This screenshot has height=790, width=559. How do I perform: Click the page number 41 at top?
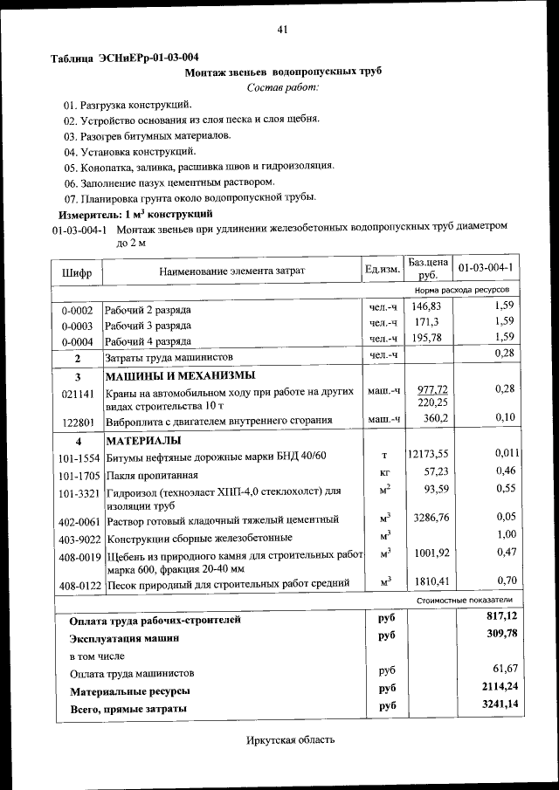[x=282, y=30]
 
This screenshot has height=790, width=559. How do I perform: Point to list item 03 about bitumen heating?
[x=148, y=135]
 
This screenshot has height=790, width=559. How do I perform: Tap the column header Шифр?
[x=77, y=271]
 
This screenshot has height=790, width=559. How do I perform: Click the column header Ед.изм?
[x=383, y=268]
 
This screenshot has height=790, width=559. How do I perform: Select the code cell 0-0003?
[x=77, y=325]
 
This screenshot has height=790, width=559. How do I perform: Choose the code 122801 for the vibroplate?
[x=77, y=420]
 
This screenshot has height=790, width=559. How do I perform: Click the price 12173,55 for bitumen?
[x=428, y=454]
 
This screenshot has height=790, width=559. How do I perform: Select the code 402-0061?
[x=77, y=521]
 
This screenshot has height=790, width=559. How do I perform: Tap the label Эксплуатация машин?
[x=124, y=638]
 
